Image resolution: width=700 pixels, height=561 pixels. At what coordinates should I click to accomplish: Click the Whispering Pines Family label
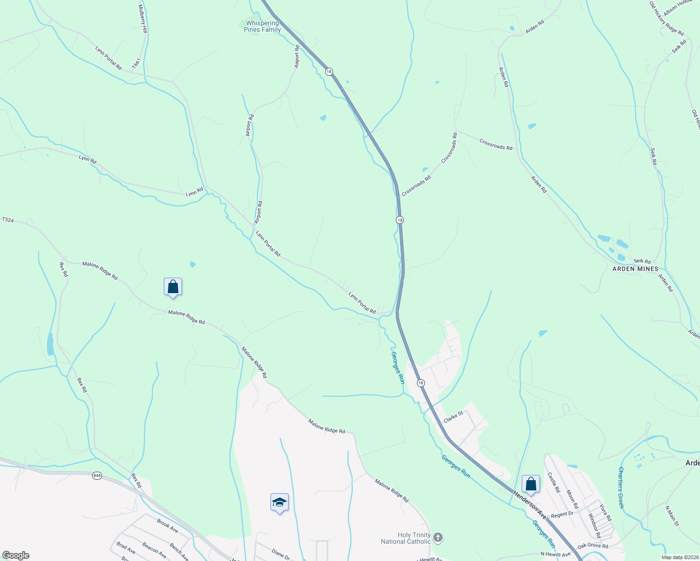pyautogui.click(x=262, y=26)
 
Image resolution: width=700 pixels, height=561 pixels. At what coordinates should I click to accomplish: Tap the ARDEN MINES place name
pyautogui.click(x=635, y=269)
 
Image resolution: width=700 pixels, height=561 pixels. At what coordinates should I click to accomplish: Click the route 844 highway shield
pyautogui.click(x=97, y=475)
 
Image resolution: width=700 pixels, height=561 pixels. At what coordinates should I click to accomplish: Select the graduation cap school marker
pyautogui.click(x=279, y=503)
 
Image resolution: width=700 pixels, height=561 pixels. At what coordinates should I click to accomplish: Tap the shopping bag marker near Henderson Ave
pyautogui.click(x=531, y=484)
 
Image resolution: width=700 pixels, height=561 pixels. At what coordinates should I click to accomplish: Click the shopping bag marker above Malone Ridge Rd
pyautogui.click(x=173, y=287)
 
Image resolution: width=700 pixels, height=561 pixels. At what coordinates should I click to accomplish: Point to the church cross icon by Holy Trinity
pyautogui.click(x=438, y=538)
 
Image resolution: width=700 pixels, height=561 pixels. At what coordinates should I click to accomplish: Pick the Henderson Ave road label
pyautogui.click(x=530, y=504)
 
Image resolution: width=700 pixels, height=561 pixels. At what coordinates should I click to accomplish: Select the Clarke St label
pyautogui.click(x=453, y=417)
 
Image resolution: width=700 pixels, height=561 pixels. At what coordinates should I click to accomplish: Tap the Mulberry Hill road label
pyautogui.click(x=143, y=19)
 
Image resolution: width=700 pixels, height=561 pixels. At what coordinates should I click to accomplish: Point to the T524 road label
pyautogui.click(x=8, y=219)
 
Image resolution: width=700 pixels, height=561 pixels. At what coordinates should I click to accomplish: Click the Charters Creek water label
pyautogui.click(x=621, y=488)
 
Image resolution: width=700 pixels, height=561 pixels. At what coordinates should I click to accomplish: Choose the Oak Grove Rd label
pyautogui.click(x=592, y=546)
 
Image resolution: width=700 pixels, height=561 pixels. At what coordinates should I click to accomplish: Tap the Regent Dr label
pyautogui.click(x=562, y=515)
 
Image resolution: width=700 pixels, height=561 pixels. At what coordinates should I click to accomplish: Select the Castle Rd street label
pyautogui.click(x=554, y=482)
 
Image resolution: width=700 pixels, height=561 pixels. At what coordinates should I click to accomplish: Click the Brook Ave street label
pyautogui.click(x=168, y=526)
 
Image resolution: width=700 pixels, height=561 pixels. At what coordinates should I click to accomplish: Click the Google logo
pyautogui.click(x=15, y=555)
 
